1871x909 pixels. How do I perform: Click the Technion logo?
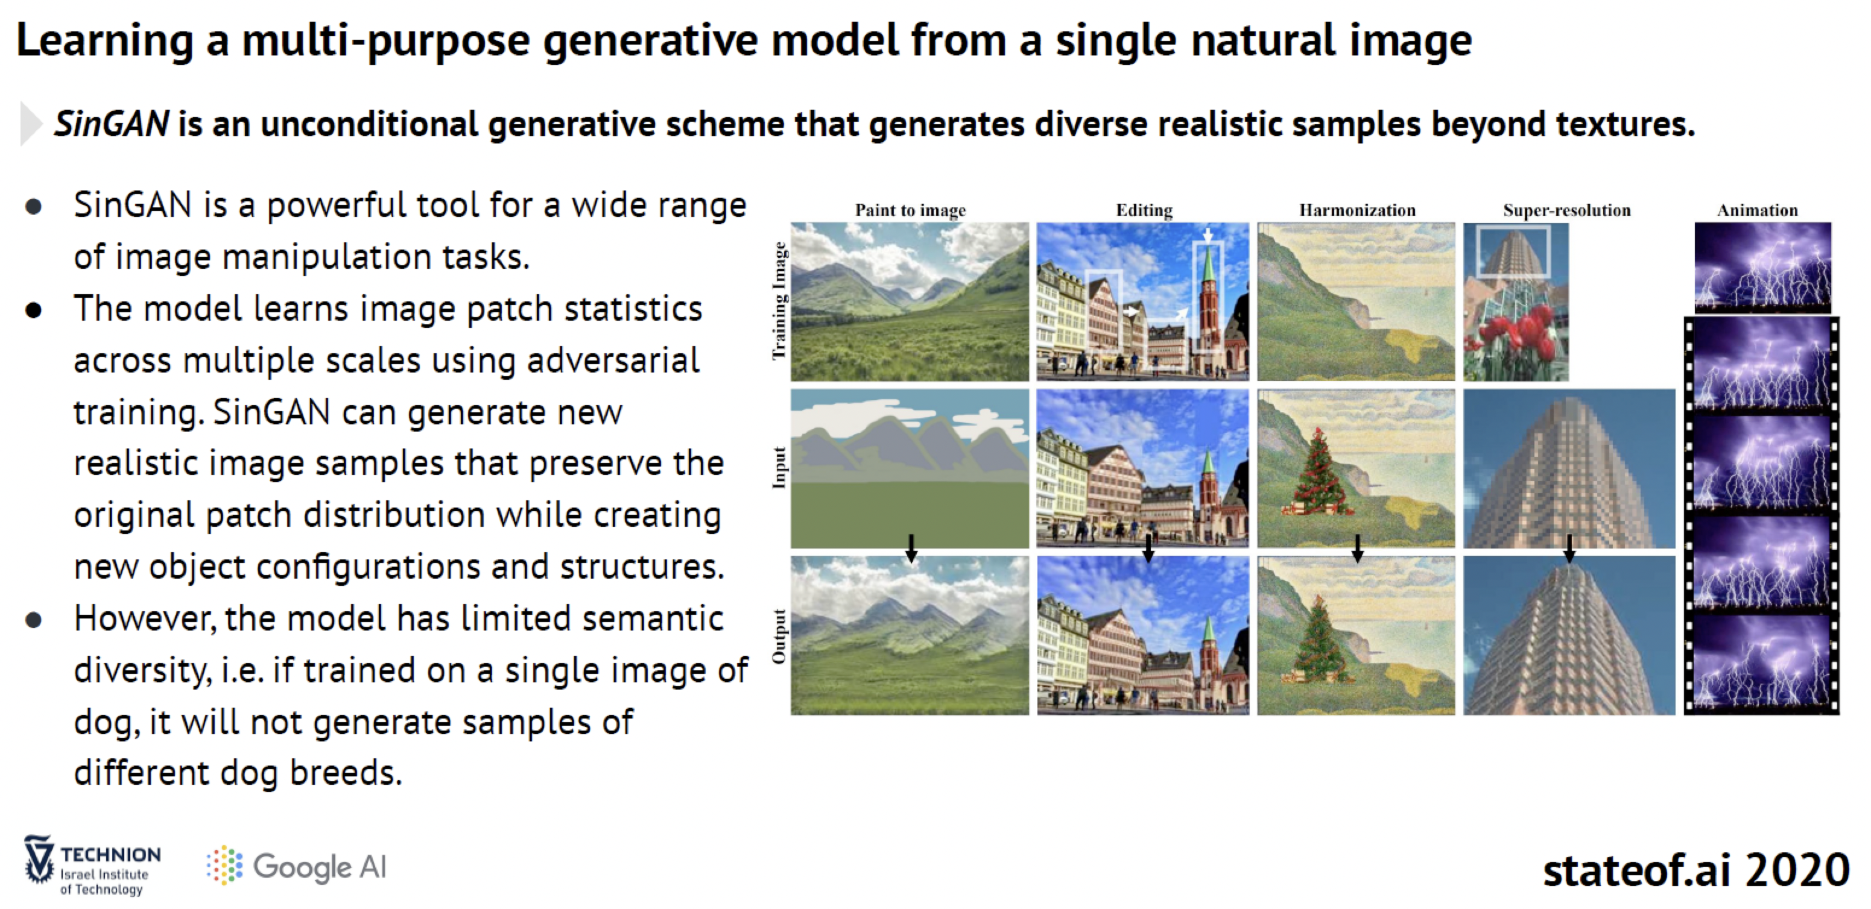[x=93, y=866]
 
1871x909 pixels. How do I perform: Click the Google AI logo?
[x=296, y=866]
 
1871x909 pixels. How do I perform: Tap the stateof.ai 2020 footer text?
[x=1696, y=870]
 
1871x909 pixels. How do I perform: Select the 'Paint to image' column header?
[x=910, y=210]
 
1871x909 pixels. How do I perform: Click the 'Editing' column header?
[x=1144, y=210]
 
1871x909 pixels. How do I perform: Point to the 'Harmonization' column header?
[x=1357, y=210]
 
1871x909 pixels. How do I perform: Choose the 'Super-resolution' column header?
[x=1566, y=210]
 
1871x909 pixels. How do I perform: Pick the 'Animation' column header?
[x=1757, y=210]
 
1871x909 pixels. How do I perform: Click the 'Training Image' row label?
[x=779, y=301]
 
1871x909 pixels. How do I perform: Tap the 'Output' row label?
[x=779, y=636]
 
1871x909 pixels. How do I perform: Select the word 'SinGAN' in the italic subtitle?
[x=112, y=124]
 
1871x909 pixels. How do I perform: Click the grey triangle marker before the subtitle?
[x=31, y=124]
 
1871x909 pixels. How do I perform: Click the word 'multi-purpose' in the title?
[x=385, y=40]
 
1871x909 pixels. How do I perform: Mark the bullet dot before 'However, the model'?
[x=33, y=620]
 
